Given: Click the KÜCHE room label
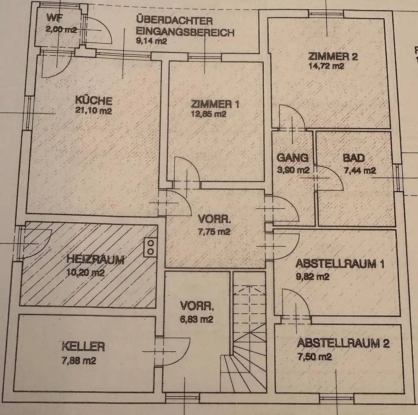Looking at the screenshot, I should tap(93, 100).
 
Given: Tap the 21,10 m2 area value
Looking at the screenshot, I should tap(93, 110).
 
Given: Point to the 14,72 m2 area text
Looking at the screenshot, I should tap(326, 66).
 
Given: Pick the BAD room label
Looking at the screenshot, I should tap(354, 158).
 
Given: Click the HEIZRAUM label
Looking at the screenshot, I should tap(95, 260).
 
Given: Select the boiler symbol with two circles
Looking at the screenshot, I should tap(150, 247).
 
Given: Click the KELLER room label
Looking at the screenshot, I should tap(83, 347).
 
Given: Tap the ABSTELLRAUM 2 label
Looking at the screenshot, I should tap(343, 343).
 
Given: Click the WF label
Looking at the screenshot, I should tap(53, 18).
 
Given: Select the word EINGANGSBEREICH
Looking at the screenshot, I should tap(185, 32).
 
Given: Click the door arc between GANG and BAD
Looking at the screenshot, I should tap(331, 178).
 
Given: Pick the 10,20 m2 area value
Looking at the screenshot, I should tap(85, 273).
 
